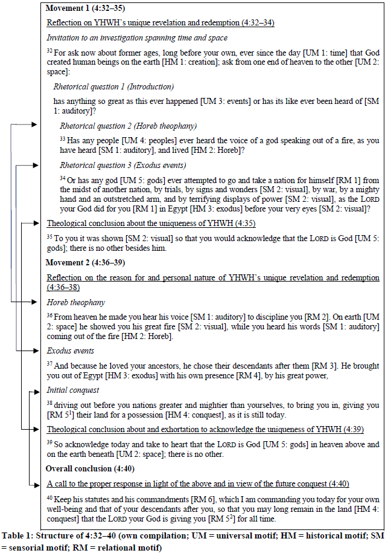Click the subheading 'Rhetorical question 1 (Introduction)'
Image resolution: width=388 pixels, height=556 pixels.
[113, 86]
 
